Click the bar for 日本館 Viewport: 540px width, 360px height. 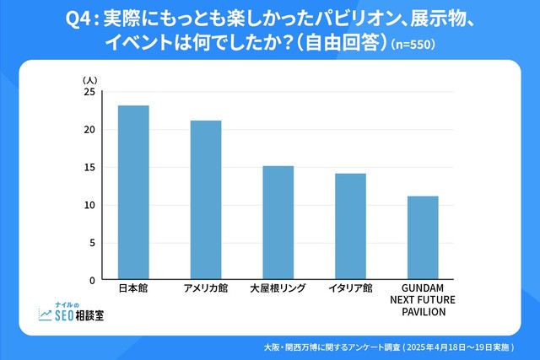[133, 192]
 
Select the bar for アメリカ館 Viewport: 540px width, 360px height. [206, 200]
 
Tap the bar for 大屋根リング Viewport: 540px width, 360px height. [278, 223]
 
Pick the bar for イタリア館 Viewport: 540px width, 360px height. [350, 226]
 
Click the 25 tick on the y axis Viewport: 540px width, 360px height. [89, 92]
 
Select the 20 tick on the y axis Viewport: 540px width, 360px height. [89, 130]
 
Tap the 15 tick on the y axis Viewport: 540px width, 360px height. [89, 168]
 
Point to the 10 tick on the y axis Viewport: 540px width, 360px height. [89, 205]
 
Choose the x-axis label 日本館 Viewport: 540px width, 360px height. [133, 289]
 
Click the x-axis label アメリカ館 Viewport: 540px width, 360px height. [206, 289]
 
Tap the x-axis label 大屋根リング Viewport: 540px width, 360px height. [278, 289]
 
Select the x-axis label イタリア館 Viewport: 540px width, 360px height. [350, 289]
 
